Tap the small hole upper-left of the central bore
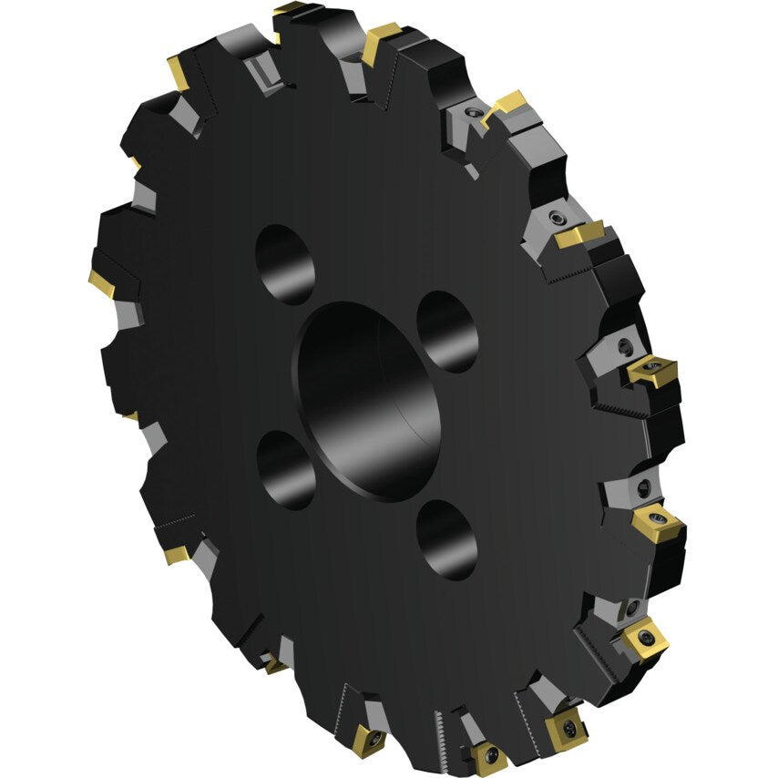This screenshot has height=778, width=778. (285, 264)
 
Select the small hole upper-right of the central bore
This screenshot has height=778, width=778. (447, 332)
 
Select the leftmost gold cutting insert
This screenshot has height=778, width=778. (102, 282)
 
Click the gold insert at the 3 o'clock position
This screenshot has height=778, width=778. (651, 371)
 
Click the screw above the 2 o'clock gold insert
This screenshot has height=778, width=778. (555, 218)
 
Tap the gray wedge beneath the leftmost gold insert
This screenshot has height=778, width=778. (128, 314)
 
